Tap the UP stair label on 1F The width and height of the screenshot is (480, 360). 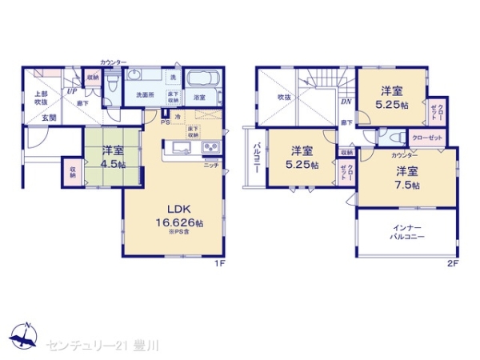72,90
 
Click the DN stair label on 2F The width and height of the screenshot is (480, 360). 346,102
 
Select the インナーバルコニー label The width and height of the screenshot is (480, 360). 407,232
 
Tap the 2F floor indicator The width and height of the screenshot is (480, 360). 451,262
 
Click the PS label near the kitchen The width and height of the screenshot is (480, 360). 164,122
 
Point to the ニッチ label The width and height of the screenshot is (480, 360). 210,164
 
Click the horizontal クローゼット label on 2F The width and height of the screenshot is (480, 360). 425,138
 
